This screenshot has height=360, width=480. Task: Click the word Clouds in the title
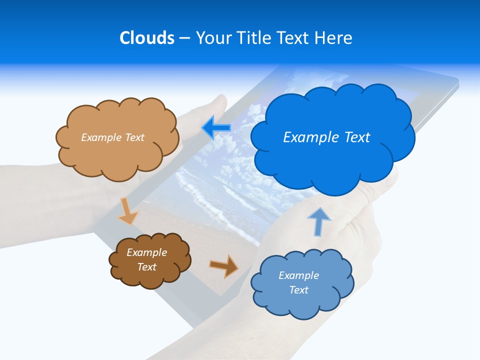pyautogui.click(x=147, y=38)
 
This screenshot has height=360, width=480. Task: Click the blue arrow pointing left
pyautogui.click(x=216, y=128)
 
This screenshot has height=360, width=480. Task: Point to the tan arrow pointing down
pyautogui.click(x=127, y=211)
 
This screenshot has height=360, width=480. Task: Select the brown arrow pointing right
pyautogui.click(x=224, y=265)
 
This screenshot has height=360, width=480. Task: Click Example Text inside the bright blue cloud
pyautogui.click(x=326, y=137)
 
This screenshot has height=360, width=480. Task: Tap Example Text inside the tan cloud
pyautogui.click(x=112, y=137)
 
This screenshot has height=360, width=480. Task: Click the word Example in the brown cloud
pyautogui.click(x=146, y=252)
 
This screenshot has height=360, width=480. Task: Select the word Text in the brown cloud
pyautogui.click(x=146, y=267)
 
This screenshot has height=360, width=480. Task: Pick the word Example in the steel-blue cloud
pyautogui.click(x=298, y=275)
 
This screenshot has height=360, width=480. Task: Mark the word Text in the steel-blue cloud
pyautogui.click(x=298, y=290)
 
